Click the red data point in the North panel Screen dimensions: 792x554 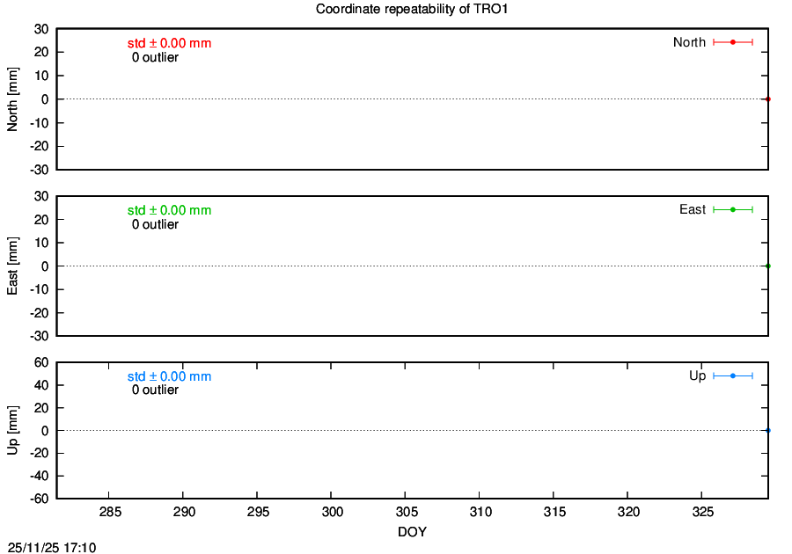(767, 98)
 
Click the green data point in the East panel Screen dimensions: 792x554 (767, 266)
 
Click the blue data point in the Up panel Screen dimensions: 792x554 (767, 430)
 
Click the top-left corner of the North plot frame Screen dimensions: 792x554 (56, 29)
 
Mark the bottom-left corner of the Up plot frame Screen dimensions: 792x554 (56, 498)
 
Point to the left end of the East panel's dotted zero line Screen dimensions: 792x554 (57, 266)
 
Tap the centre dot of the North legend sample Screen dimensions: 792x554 (733, 42)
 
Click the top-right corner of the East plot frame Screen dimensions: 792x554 (767, 196)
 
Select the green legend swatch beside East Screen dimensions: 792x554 (733, 209)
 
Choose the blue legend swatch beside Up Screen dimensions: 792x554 (733, 375)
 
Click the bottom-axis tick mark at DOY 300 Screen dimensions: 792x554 (331, 495)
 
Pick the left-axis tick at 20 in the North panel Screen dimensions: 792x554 (60, 52)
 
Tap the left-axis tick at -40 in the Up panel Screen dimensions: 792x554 (60, 476)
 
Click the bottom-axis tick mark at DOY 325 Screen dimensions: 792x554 (701, 495)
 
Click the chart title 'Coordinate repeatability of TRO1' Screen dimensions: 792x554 (412, 9)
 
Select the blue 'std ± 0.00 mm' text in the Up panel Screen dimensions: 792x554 (169, 376)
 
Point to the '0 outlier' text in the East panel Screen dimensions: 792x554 (155, 224)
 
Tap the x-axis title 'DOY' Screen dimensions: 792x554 (412, 532)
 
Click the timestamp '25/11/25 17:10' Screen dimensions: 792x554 (52, 548)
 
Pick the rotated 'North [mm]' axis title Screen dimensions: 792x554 (12, 99)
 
